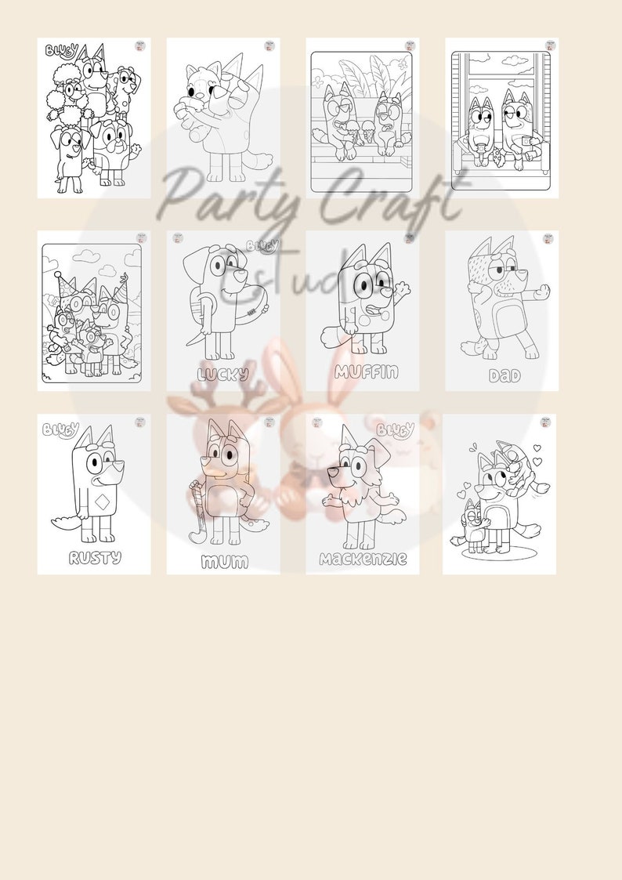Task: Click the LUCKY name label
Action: click(x=223, y=375)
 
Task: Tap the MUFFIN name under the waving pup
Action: click(x=366, y=371)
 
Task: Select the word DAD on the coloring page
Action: click(x=504, y=376)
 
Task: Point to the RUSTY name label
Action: click(x=95, y=558)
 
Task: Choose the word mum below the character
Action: click(x=224, y=561)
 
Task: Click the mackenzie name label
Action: click(x=363, y=559)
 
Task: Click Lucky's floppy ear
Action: click(x=193, y=271)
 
